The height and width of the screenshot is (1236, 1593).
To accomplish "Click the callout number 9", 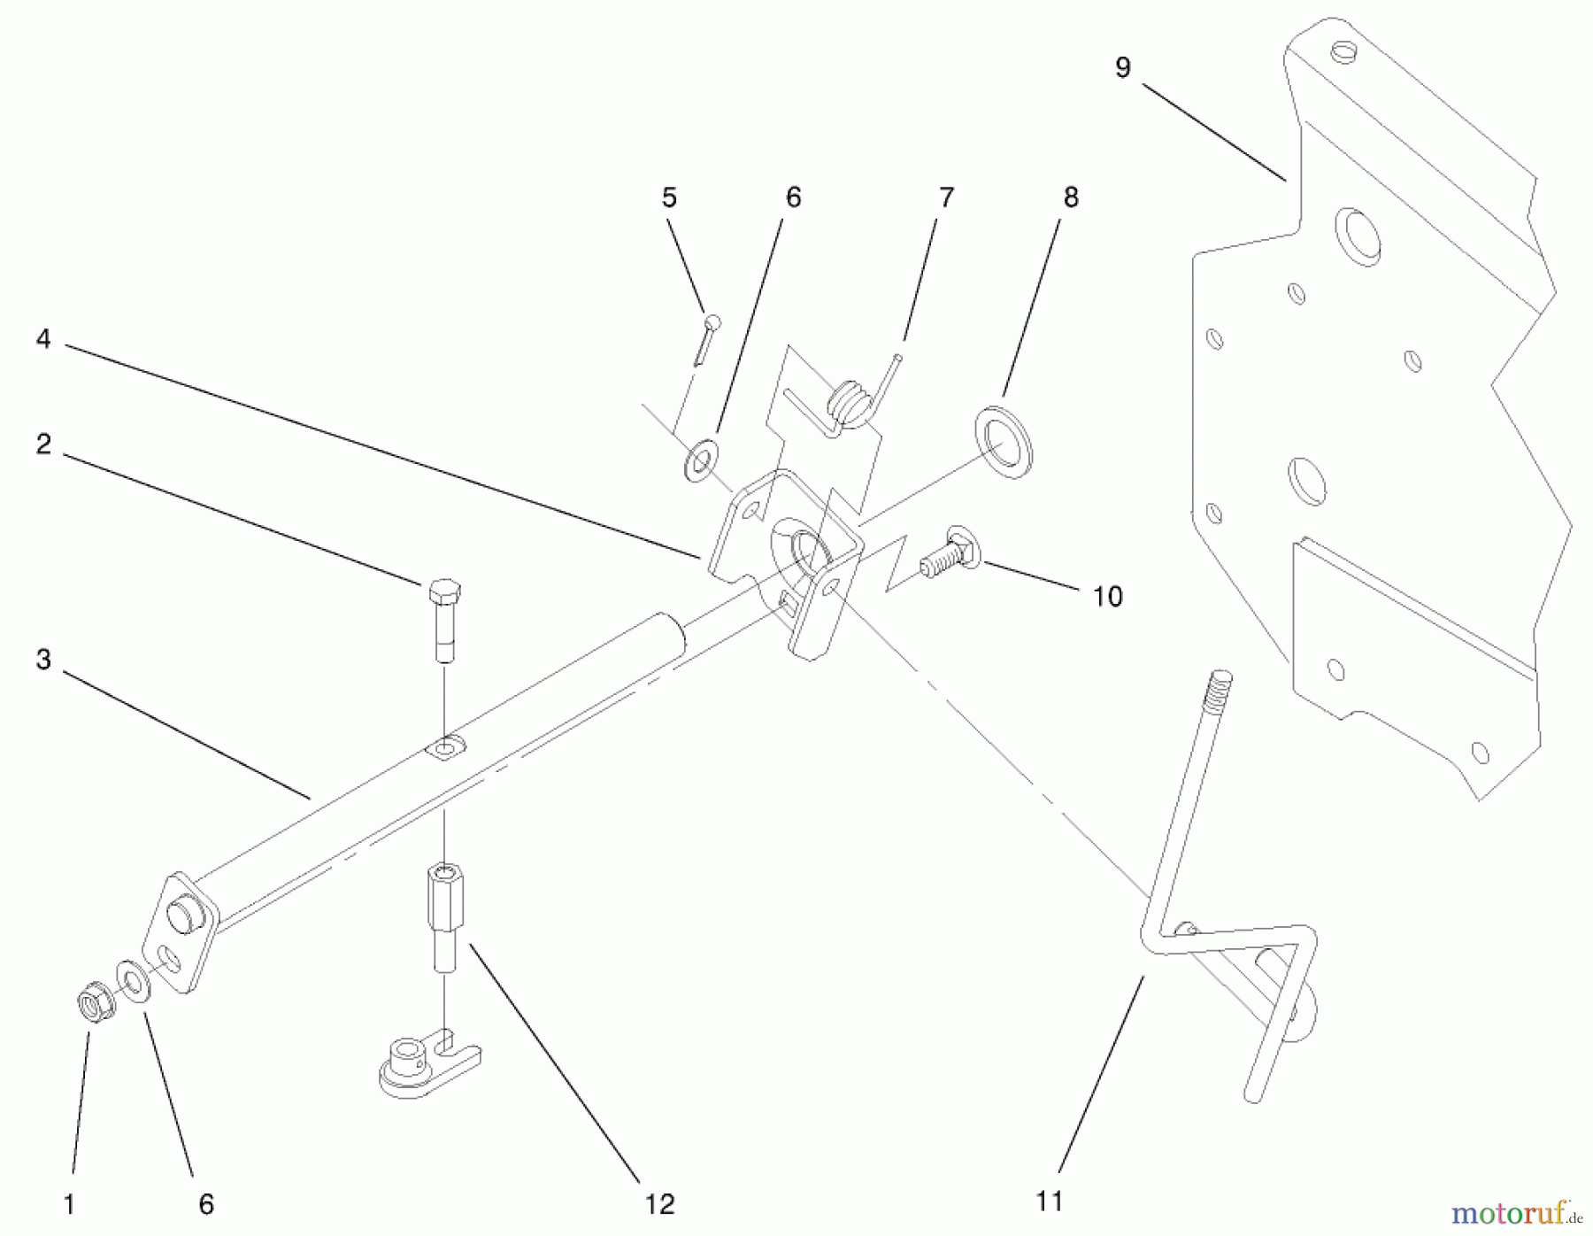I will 1122,68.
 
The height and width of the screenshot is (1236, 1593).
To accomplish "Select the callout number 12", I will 660,1203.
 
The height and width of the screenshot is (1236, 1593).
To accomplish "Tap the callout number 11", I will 1049,1201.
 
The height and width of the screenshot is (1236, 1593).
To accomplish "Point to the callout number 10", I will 1107,596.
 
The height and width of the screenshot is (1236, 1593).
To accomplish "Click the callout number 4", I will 43,339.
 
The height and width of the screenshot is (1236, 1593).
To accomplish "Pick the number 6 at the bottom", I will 205,1203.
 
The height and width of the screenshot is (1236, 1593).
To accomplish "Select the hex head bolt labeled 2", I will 445,620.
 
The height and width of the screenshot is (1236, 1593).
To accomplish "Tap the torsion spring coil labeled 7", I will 850,403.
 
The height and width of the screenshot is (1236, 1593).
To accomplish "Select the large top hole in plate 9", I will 1359,236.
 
